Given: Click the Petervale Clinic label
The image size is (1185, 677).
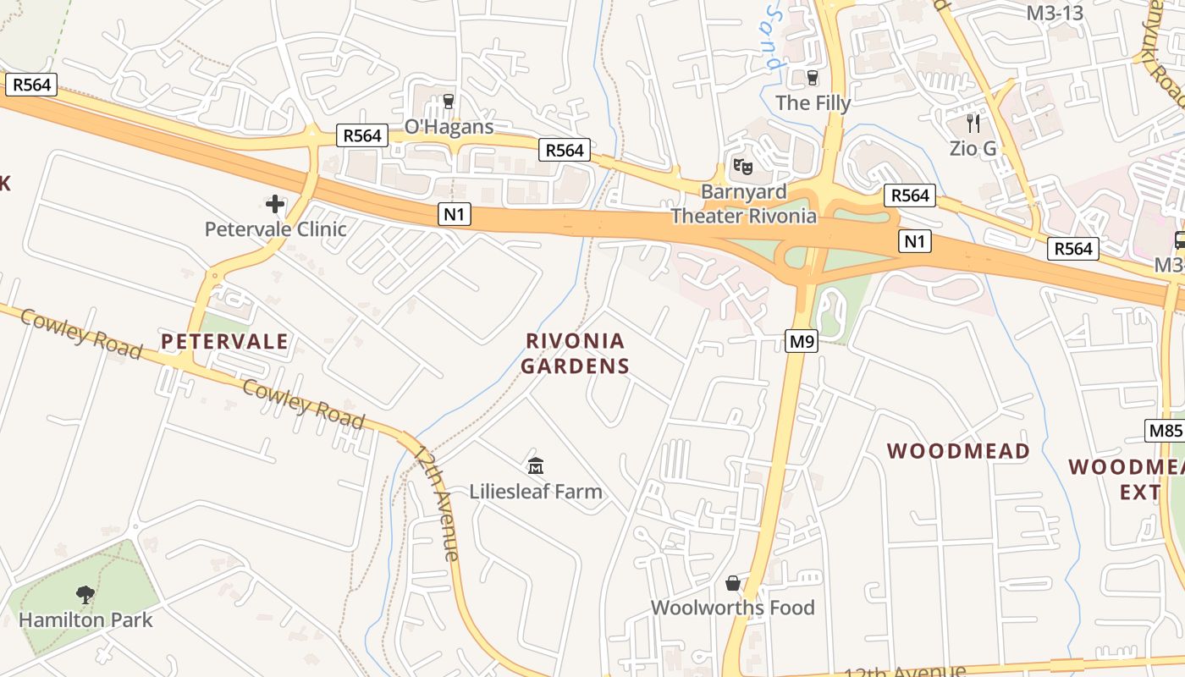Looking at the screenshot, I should coord(276,228).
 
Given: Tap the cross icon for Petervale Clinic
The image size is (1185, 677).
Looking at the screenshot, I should coord(275,204).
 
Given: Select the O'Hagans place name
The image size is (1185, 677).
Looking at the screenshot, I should coord(449,127).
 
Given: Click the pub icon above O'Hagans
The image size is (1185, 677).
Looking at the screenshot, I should coord(449,102).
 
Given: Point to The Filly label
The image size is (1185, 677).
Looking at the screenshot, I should coord(813,102).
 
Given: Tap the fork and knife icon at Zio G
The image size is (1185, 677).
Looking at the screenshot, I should coord(973,124).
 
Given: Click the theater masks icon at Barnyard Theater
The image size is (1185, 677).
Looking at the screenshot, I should coord(743,166).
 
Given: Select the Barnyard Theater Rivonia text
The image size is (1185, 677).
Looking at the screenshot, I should coord(744,204).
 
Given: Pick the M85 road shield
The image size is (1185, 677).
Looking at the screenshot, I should coord(1166,431).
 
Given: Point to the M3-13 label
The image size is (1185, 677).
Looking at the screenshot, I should coord(1055,13).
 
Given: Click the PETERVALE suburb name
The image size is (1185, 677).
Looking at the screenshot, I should coord(225,342).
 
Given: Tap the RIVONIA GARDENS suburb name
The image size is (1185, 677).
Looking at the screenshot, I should coord(576,354).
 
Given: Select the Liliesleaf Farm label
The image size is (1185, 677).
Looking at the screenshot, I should coord(536,491).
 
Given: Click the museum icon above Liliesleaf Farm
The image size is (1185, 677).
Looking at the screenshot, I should coord(535,465).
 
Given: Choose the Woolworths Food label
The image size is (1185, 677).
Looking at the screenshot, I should coord(733,608).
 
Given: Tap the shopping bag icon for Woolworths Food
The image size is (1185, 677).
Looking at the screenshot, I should coord(733,583).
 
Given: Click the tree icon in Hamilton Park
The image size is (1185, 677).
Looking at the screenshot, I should coord(85,595).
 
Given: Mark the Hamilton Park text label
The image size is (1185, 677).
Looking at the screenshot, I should coord(85,619).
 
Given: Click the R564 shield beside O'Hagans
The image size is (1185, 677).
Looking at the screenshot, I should coord(362,135).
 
